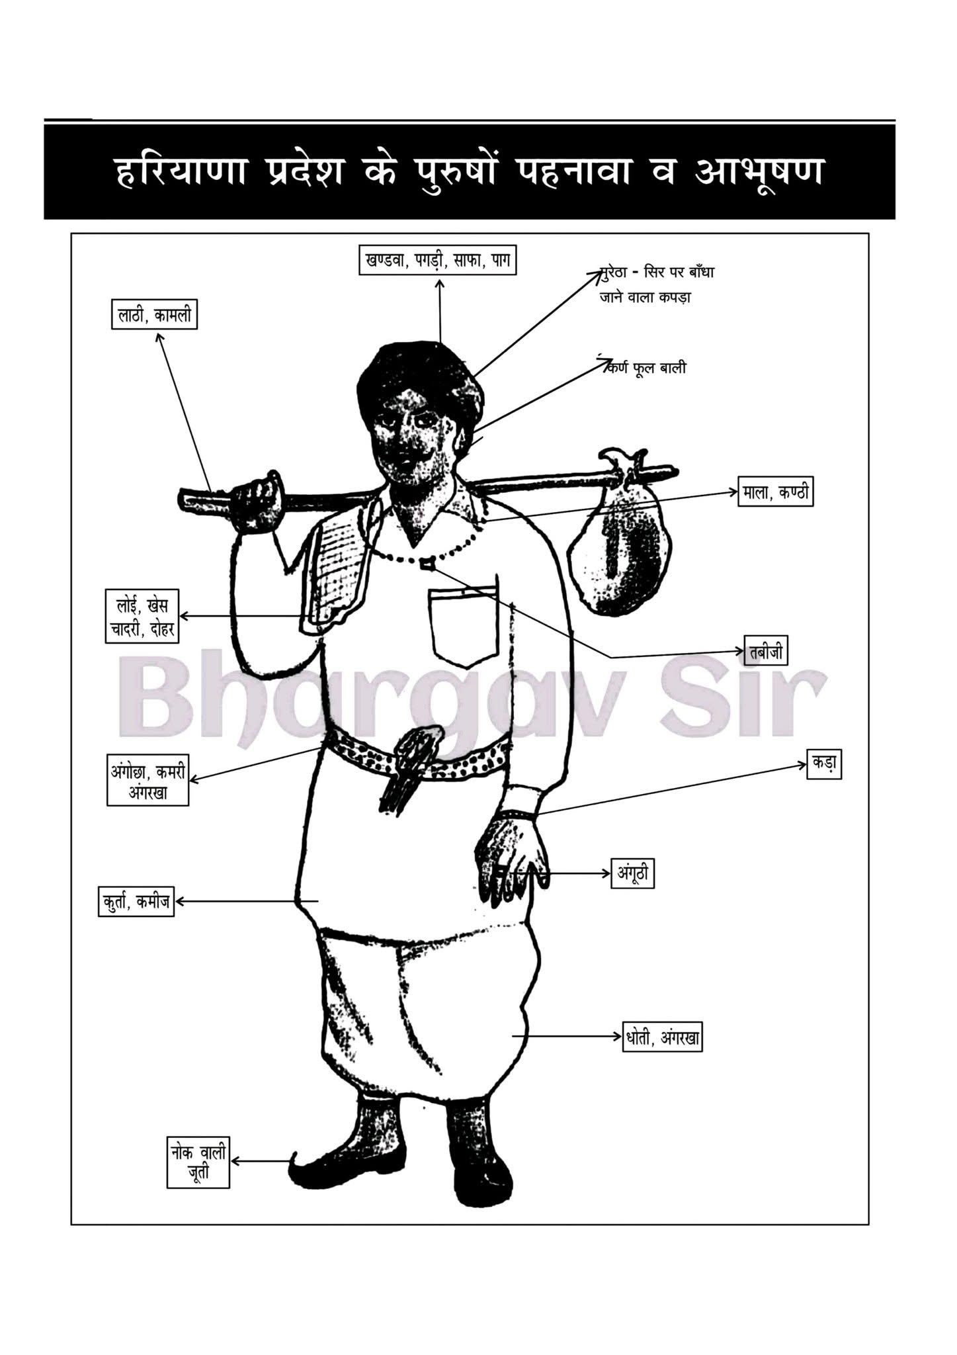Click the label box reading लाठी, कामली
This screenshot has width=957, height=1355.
[154, 316]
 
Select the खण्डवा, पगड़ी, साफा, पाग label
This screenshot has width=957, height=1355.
[437, 259]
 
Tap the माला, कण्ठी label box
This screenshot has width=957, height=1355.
[775, 492]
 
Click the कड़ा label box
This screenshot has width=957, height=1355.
[824, 763]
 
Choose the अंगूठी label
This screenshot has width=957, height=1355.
[633, 873]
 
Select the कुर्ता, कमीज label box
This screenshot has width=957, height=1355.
[136, 901]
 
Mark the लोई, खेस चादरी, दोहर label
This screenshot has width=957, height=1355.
[142, 615]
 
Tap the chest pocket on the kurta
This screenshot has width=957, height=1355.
[463, 623]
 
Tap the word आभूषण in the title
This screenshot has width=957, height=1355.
[761, 171]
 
